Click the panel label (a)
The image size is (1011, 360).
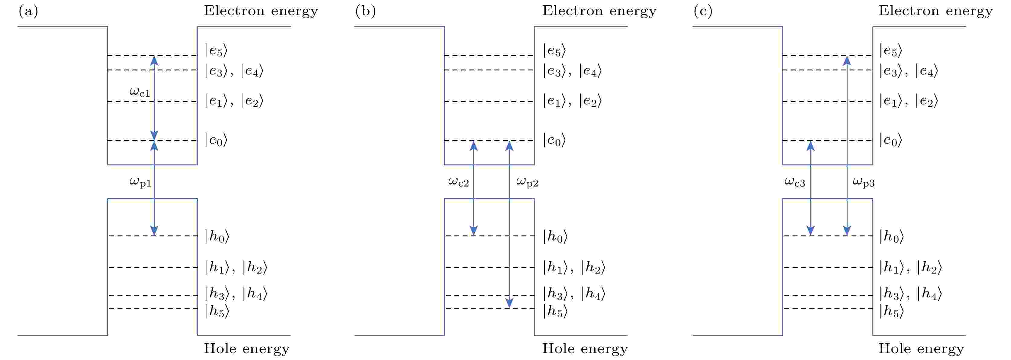pyautogui.click(x=28, y=11)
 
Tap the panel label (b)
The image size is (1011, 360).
pyautogui.click(x=365, y=11)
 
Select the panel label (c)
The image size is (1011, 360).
pyautogui.click(x=703, y=11)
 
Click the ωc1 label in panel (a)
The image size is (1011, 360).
pyautogui.click(x=140, y=92)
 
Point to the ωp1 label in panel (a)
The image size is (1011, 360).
pyautogui.click(x=140, y=182)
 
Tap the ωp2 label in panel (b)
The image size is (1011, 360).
pyautogui.click(x=527, y=182)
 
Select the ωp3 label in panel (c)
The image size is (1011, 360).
pyautogui.click(x=864, y=182)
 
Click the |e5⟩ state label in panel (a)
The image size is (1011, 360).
pyautogui.click(x=216, y=51)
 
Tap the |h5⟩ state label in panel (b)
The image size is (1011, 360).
pyautogui.click(x=555, y=311)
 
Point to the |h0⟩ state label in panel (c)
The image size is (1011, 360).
pyautogui.click(x=891, y=236)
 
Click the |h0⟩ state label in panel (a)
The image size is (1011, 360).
pyautogui.click(x=217, y=236)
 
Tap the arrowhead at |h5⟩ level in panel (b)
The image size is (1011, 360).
pyautogui.click(x=509, y=303)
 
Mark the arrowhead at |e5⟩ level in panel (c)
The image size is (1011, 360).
pyautogui.click(x=847, y=60)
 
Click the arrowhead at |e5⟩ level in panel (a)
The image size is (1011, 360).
pyautogui.click(x=154, y=60)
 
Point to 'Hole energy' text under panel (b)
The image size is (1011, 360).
pyautogui.click(x=585, y=348)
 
